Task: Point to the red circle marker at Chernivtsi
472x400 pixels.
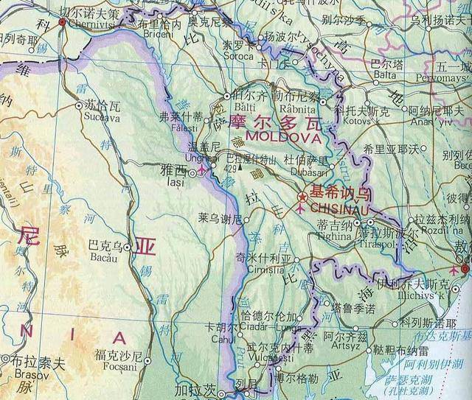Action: (63, 22)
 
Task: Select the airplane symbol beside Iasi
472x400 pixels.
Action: (202, 171)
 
